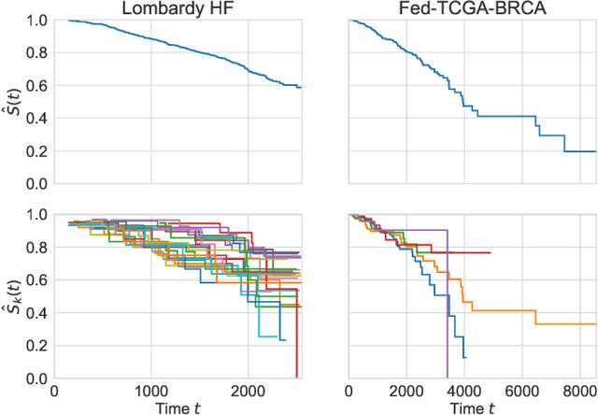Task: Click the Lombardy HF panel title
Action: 178,9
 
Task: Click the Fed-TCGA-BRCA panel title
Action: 471,9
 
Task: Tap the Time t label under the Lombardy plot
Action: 178,407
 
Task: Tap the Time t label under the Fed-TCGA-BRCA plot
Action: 471,407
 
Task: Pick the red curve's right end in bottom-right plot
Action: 490,252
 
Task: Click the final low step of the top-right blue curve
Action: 579,151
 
